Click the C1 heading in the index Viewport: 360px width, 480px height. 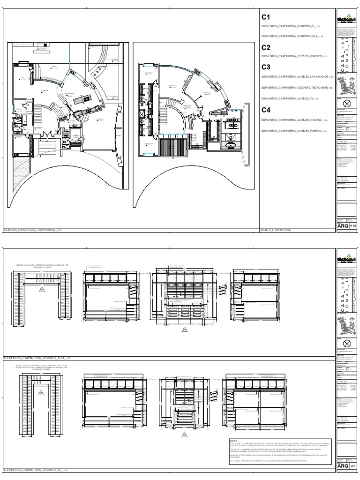point(266,17)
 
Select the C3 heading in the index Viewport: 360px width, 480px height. point(266,67)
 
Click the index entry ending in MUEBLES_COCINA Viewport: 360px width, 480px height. point(292,120)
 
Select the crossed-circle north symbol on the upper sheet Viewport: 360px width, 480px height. point(347,103)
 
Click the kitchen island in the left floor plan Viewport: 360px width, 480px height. point(78,99)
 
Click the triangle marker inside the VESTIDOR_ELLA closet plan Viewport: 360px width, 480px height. point(42,289)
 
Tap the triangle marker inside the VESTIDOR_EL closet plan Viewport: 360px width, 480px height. point(41,393)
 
